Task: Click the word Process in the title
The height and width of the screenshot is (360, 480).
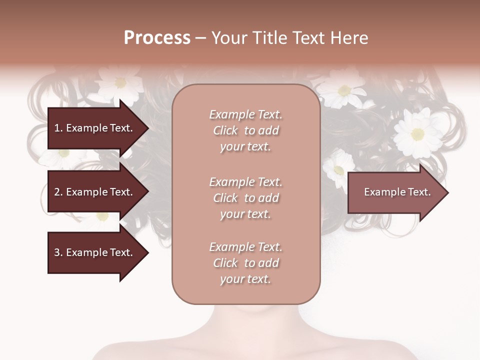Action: pyautogui.click(x=157, y=38)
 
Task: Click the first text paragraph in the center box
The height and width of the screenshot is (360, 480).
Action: pyautogui.click(x=245, y=130)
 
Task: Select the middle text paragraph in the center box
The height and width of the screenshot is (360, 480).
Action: pyautogui.click(x=245, y=198)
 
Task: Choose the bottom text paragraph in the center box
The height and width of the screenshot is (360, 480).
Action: pyautogui.click(x=245, y=263)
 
